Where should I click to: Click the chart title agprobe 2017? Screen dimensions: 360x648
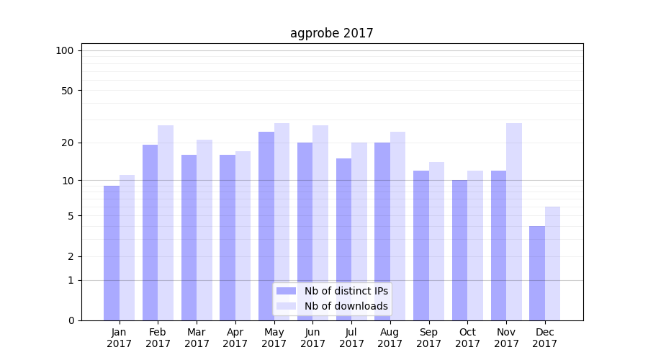pos(331,33)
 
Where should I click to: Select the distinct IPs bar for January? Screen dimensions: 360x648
pos(112,253)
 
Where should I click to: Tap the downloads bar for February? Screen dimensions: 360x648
pos(166,222)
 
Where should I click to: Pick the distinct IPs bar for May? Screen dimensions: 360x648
pos(266,226)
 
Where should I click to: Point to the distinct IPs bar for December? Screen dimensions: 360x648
pos(537,273)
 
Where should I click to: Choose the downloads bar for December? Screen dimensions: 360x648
pos(552,264)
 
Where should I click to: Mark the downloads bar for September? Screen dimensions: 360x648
pos(436,241)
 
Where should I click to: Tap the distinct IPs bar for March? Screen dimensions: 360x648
pos(189,238)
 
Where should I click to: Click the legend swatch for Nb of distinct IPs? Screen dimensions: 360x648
pos(286,291)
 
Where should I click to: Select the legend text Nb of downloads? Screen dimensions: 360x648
pos(346,306)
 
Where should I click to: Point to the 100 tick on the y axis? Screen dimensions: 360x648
pos(65,50)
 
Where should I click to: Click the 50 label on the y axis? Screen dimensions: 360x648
pos(68,91)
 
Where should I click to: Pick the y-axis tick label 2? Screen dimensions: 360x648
pos(71,257)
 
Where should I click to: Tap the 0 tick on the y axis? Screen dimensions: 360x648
pos(71,320)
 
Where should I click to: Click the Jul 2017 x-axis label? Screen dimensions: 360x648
pos(351,338)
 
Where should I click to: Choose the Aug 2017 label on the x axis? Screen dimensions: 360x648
pos(390,338)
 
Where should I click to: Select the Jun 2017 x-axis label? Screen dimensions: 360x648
pos(312,338)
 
